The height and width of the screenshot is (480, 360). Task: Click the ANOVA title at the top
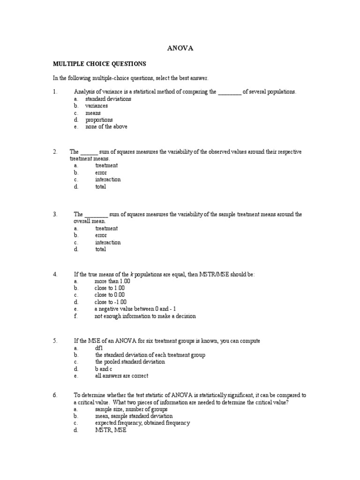point(180,48)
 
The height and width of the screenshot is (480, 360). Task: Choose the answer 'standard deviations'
point(108,99)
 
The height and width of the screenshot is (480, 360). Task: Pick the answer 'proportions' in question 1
point(99,120)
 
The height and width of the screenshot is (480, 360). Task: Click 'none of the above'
point(106,127)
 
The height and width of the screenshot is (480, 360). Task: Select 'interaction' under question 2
point(108,180)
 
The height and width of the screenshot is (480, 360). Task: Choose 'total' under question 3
point(100,249)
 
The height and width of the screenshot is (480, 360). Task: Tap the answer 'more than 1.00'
point(112,281)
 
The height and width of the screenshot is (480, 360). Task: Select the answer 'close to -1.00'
point(111,302)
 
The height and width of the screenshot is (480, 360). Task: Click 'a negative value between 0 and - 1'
point(135,309)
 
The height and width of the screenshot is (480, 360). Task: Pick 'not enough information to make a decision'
point(145,316)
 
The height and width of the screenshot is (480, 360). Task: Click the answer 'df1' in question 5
point(99,348)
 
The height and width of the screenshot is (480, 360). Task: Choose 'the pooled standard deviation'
point(130,362)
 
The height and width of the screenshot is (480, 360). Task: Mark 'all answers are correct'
point(121,376)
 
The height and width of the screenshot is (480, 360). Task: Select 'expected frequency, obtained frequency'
point(142,423)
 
